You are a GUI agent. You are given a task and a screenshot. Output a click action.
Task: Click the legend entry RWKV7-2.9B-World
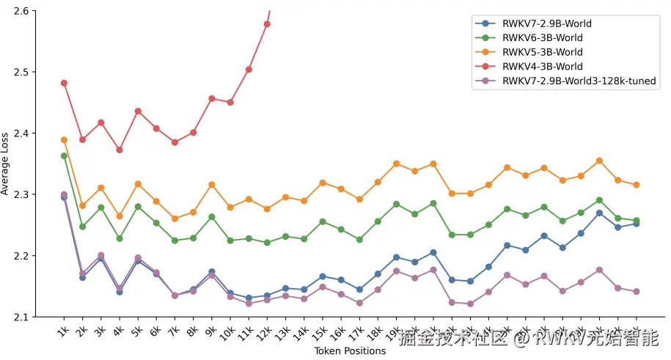click(546, 23)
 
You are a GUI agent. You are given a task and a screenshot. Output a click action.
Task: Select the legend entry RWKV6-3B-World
click(543, 37)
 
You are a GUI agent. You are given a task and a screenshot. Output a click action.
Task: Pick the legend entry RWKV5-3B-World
click(543, 52)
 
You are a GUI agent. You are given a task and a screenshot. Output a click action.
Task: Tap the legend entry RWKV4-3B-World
click(543, 67)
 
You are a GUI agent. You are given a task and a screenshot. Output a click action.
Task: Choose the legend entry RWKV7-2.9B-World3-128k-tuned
click(579, 81)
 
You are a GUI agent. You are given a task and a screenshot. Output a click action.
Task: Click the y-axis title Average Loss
click(6, 164)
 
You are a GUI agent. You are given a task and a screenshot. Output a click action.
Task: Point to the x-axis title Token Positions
click(350, 351)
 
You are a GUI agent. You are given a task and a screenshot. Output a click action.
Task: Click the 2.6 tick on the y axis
click(21, 11)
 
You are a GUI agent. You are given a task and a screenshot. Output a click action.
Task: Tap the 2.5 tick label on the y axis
click(21, 73)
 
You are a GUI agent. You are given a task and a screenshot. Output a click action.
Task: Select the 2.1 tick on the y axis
click(21, 317)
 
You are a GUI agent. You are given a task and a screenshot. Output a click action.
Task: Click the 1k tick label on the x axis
click(62, 330)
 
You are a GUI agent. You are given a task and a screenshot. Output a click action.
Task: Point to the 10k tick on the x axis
click(227, 331)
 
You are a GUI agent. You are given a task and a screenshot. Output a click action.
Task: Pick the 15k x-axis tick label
click(319, 331)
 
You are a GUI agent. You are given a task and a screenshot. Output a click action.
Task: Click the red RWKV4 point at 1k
click(64, 83)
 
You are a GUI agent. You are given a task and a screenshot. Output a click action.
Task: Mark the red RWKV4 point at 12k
click(267, 24)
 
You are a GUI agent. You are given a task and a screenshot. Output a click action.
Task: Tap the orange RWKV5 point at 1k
click(64, 139)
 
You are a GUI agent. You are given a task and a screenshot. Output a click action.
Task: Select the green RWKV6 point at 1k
click(64, 155)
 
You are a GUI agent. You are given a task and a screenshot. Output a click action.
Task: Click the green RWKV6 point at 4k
click(120, 238)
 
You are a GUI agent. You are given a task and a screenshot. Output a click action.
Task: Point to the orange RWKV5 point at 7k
click(175, 218)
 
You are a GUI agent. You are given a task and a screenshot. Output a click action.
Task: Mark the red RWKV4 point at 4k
click(120, 150)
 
